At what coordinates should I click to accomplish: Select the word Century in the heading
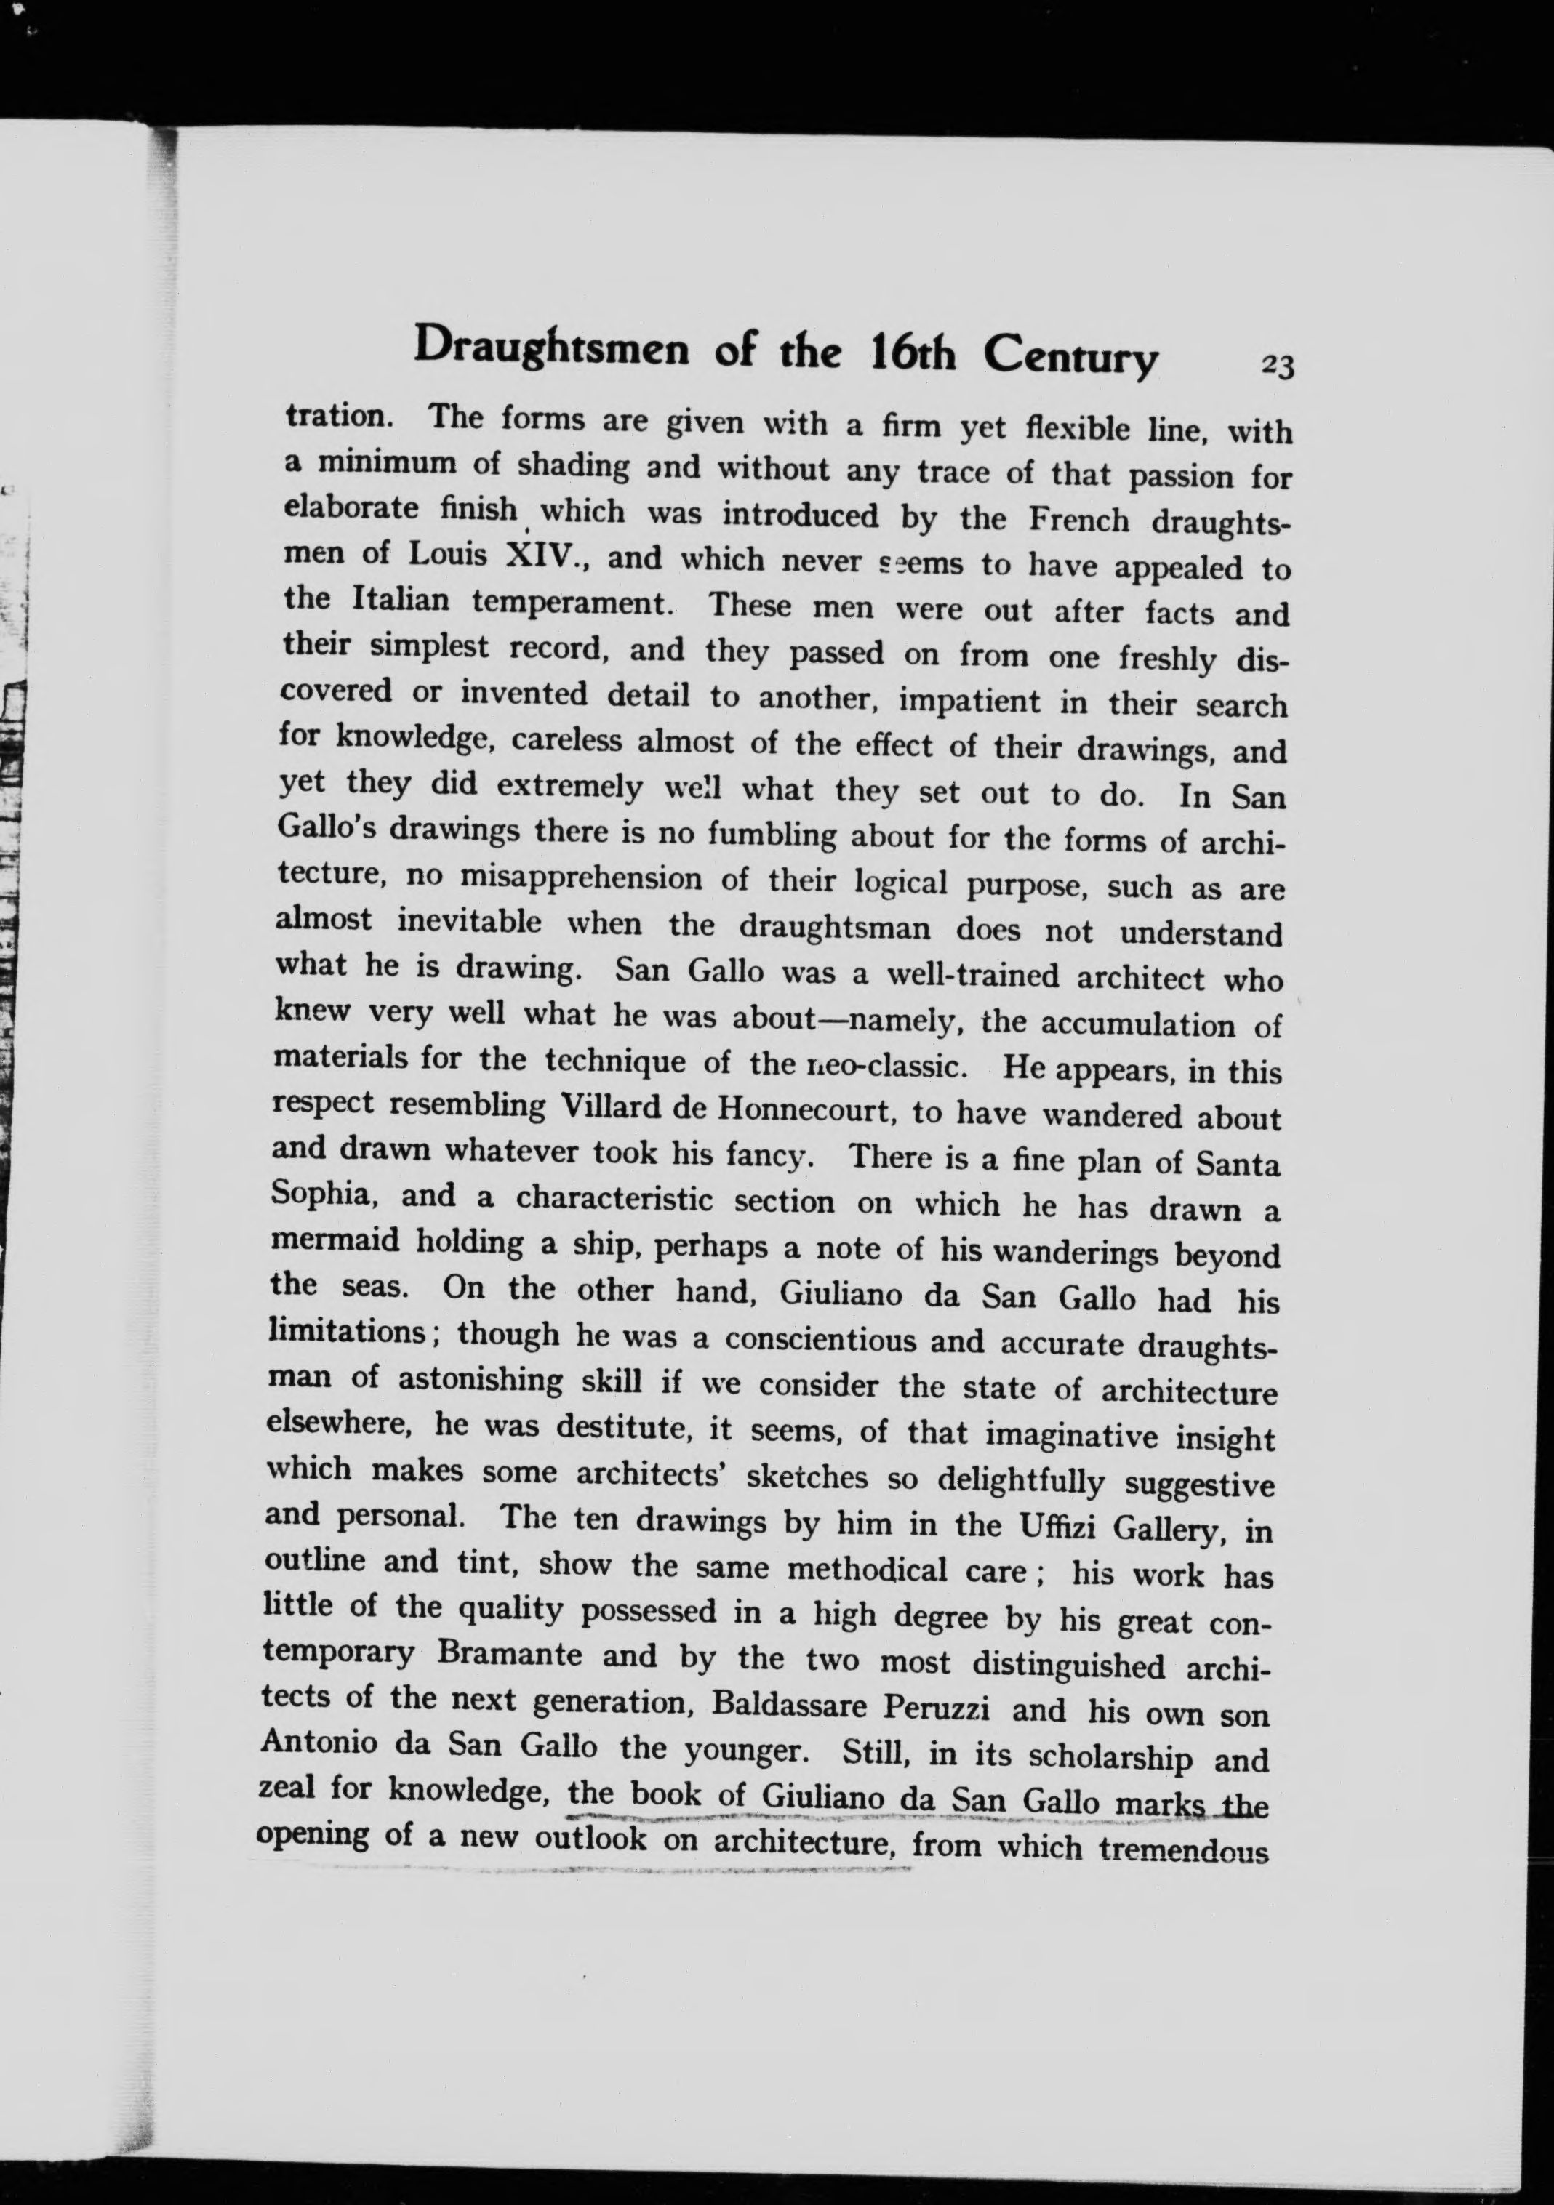click(x=1071, y=359)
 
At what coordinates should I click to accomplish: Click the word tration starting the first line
click(x=337, y=417)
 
